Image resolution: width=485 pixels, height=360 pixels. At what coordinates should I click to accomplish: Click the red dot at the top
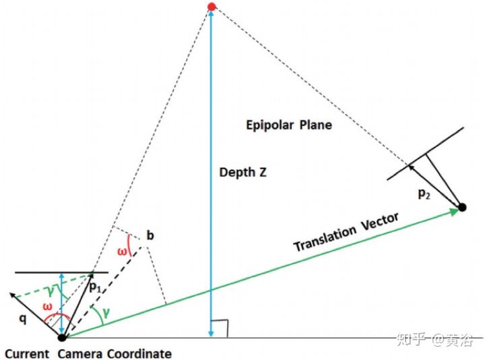pos(212,7)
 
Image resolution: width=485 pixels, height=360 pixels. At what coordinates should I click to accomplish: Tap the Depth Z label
pos(243,172)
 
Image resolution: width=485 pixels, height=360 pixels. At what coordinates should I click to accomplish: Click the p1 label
pos(96,287)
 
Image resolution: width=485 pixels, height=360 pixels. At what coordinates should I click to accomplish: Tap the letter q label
pos(22,319)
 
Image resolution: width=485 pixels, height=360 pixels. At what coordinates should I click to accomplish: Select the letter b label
pos(150,236)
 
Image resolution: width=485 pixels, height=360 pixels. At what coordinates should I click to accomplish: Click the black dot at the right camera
pos(463,206)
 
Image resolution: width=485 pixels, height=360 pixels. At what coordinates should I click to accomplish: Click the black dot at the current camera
pos(62,337)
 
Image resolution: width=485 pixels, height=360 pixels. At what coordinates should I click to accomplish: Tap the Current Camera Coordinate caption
pos(88,353)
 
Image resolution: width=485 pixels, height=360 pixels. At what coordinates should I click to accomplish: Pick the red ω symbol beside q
pos(48,307)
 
